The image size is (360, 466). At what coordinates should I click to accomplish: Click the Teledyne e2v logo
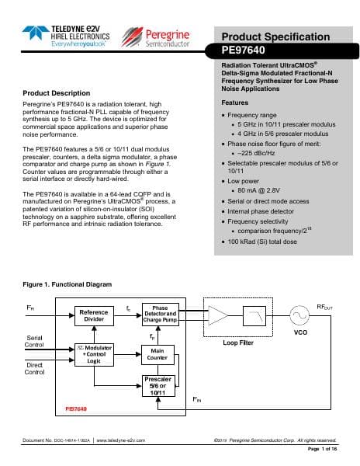point(71,34)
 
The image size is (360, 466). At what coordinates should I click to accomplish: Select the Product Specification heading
point(275,37)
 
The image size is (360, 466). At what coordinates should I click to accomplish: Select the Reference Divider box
point(93,315)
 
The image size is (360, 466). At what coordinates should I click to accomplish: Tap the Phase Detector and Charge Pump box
point(160,314)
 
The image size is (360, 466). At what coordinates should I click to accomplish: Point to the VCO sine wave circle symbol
point(300,315)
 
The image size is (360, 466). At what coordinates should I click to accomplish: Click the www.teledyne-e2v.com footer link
point(122,440)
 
